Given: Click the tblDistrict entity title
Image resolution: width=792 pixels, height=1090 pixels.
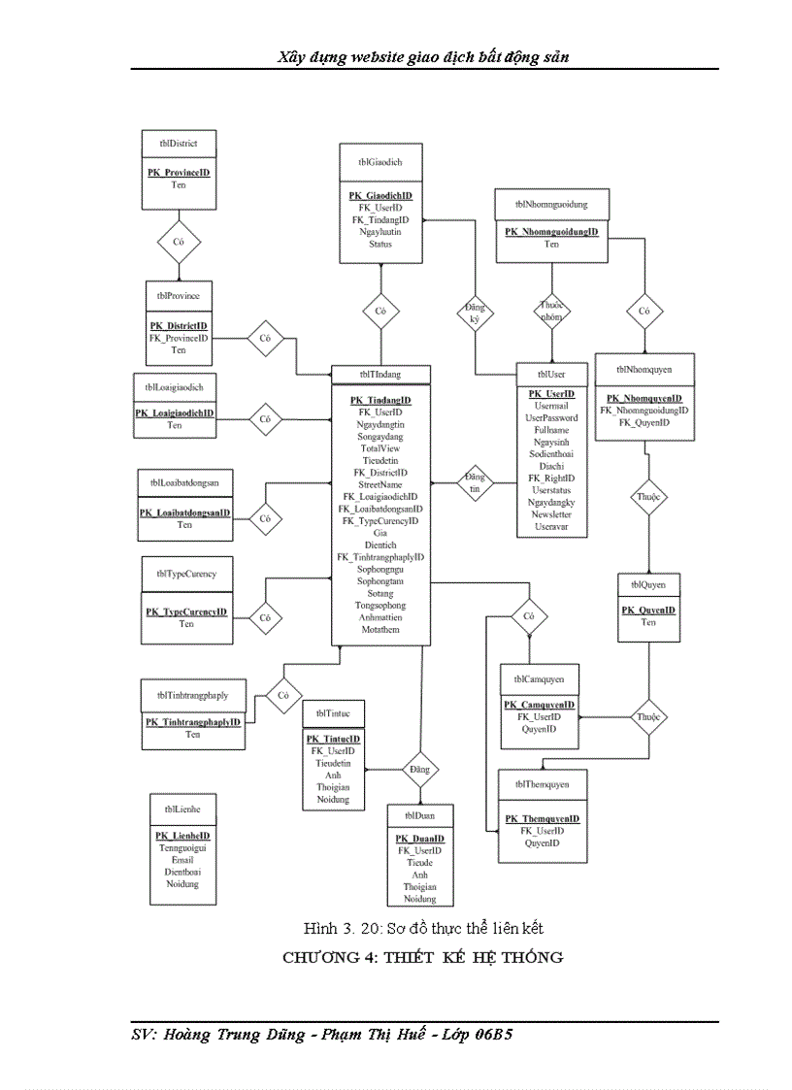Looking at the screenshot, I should pos(179,144).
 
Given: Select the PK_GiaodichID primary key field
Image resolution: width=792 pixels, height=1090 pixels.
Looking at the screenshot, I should pos(380,196).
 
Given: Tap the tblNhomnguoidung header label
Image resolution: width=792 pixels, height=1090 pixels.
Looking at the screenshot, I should pos(551,205).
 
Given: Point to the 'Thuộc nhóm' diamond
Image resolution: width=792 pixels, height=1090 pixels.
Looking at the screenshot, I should pos(551,312).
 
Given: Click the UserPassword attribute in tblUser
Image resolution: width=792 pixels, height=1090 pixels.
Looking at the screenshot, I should pos(551,418).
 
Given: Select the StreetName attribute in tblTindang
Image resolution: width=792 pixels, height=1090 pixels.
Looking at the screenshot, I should pos(379,484).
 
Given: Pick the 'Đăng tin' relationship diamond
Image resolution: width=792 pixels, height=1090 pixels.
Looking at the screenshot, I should pos(475,482).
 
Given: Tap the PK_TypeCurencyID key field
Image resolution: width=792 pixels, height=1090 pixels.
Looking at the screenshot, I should pos(186,612).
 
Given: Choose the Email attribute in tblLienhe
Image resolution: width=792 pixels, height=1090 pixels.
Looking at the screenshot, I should pos(182,860).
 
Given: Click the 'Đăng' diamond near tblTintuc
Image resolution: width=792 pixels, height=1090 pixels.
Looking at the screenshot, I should pos(420,769).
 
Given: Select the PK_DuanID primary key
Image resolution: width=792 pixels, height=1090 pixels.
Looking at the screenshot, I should pos(420,839).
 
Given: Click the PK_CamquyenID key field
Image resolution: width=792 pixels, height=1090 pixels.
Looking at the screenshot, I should pos(540,705).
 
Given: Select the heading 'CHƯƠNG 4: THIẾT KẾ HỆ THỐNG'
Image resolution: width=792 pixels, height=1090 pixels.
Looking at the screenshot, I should pos(423,958).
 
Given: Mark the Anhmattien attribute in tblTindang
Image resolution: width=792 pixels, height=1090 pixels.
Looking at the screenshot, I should pos(379,617).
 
